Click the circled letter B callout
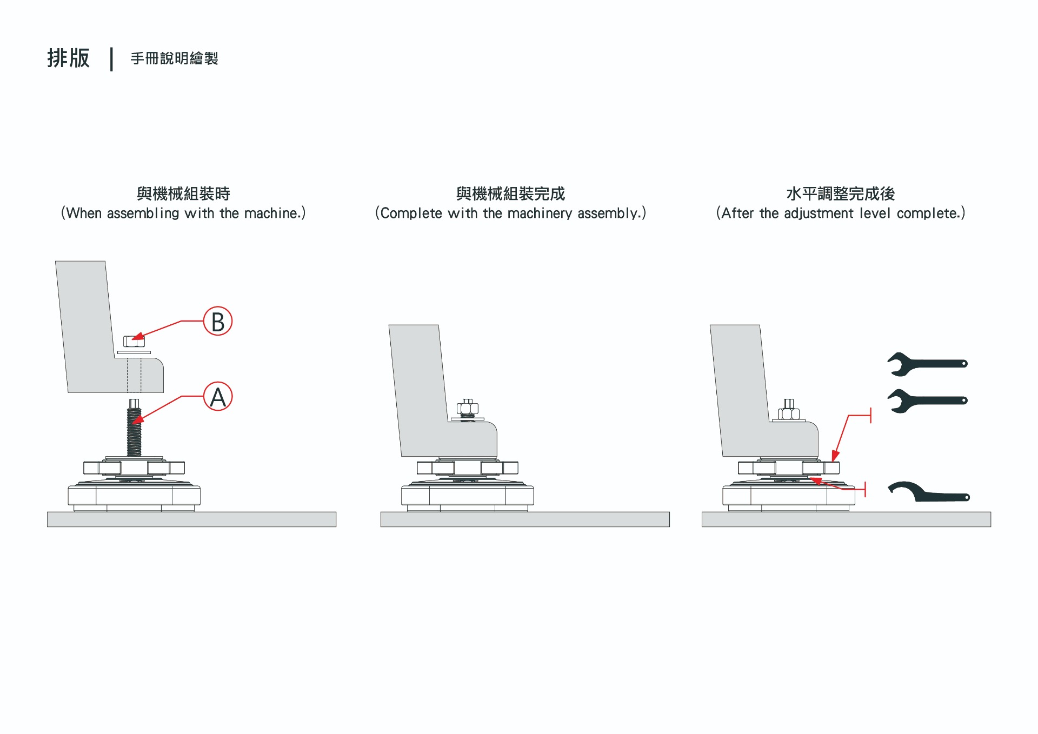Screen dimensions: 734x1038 (x=218, y=321)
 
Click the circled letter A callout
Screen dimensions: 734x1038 (x=218, y=397)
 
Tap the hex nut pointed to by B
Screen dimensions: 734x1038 (x=134, y=342)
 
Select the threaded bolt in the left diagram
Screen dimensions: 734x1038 (x=134, y=431)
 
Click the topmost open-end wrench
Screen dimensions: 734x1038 (x=927, y=364)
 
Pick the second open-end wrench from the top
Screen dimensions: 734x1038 (x=927, y=401)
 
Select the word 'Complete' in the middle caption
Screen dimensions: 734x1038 (x=411, y=213)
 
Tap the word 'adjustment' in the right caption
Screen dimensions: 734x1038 (x=819, y=213)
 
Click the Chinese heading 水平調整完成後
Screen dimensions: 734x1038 (x=840, y=193)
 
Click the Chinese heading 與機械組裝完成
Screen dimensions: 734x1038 (x=510, y=193)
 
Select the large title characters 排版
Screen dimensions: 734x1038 (x=68, y=58)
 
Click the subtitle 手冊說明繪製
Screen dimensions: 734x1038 (x=174, y=58)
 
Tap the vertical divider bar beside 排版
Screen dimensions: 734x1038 (x=111, y=59)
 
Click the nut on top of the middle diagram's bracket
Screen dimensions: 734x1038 (x=468, y=409)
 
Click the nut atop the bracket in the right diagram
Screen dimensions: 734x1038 (x=789, y=413)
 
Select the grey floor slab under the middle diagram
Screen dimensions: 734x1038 (x=524, y=519)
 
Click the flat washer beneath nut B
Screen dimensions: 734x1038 (x=134, y=352)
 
